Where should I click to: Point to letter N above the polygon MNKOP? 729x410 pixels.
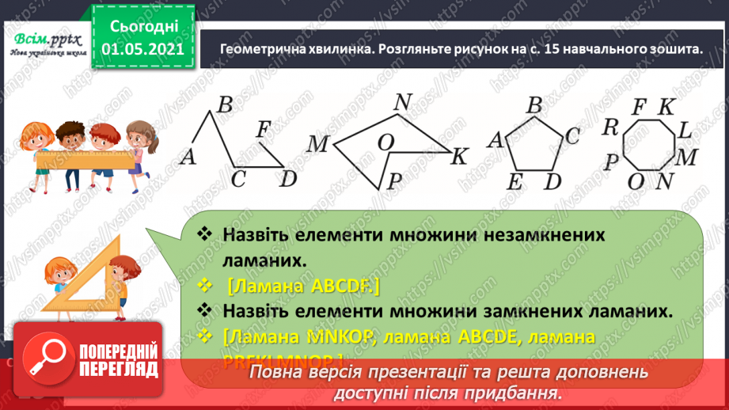(x=403, y=102)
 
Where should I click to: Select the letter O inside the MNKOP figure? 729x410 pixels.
(x=386, y=142)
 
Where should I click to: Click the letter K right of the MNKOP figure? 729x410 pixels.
(x=460, y=157)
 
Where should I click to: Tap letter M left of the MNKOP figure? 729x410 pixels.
(x=318, y=144)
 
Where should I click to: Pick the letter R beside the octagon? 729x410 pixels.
(x=609, y=127)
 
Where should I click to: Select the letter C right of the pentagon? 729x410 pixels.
(x=572, y=135)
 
